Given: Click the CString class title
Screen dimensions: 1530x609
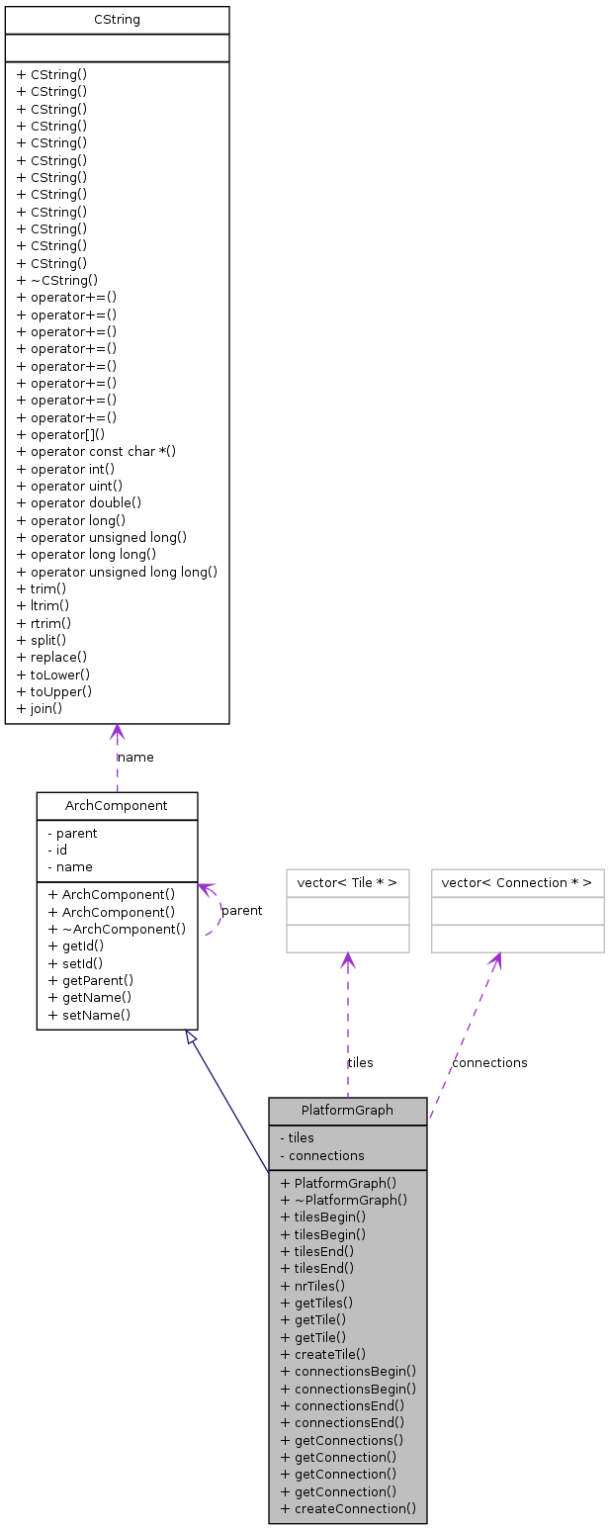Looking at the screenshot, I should pos(117,20).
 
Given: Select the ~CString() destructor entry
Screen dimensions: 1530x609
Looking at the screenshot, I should pos(57,280).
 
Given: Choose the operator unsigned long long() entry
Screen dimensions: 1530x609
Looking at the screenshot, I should pos(117,572).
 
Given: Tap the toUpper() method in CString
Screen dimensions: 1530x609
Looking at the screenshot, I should pos(54,691).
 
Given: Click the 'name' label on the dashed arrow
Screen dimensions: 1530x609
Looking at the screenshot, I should pos(136,758).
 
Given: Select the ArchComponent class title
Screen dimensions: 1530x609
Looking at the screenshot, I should pos(117,806).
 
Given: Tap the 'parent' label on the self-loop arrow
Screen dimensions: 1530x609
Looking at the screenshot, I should pos(242,911).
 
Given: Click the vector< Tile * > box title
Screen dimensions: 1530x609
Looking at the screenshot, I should pos(347,883).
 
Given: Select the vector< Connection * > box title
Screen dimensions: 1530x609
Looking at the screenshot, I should pos(517,883).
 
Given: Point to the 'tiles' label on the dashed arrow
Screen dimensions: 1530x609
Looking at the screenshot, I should pos(361,1062).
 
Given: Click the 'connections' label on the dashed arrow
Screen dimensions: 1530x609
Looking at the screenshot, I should pos(489,1062).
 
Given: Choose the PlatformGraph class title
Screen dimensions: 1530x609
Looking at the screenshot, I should pos(347,1111).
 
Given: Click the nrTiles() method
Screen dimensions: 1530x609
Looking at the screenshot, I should pos(312,1286).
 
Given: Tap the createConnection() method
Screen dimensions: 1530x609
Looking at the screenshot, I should pos(348,1508).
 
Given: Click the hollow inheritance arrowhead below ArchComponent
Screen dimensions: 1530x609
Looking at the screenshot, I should pos(191,1037).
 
